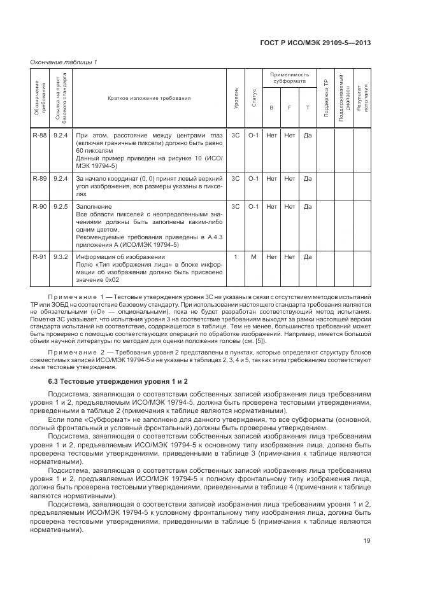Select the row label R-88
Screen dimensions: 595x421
[x=39, y=135]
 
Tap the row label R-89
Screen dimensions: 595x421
[x=39, y=179]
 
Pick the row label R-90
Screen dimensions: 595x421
[x=39, y=207]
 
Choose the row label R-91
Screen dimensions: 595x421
[x=39, y=256]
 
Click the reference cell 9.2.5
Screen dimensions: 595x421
[x=61, y=207]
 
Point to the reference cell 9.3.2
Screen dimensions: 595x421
[x=61, y=256]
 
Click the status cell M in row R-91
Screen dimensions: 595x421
[x=253, y=256]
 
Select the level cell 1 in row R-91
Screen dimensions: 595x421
[x=236, y=256]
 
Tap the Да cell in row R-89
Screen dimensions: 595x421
[x=308, y=179]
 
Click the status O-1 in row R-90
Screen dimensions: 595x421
[x=253, y=207]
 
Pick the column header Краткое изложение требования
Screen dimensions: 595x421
[x=150, y=99]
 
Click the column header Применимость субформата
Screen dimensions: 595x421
[x=289, y=78]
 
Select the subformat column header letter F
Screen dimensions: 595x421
[x=289, y=107]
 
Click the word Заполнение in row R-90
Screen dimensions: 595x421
[x=94, y=207]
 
